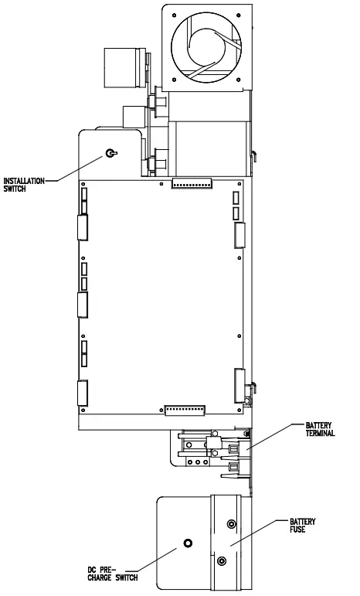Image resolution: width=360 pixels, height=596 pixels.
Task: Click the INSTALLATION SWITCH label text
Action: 24,184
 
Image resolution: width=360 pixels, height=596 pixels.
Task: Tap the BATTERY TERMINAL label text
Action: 320,429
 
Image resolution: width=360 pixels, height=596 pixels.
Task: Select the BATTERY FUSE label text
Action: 302,526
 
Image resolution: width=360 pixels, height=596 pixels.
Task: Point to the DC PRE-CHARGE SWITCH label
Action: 113,574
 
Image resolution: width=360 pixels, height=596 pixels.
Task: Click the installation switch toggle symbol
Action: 111,153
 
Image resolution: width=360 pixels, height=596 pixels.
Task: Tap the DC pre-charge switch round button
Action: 188,543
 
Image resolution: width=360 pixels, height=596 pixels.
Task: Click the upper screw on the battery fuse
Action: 231,524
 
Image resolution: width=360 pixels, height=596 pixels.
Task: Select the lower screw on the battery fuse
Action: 222,560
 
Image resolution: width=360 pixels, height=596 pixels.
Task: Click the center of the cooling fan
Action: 206,47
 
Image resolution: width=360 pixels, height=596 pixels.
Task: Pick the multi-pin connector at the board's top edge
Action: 192,183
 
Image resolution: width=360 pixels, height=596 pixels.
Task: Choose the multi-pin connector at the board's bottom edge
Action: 185,410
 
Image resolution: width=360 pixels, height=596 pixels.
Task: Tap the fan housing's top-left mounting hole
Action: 174,15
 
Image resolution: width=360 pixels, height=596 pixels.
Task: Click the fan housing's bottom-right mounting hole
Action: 239,80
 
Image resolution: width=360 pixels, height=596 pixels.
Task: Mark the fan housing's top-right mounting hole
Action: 239,15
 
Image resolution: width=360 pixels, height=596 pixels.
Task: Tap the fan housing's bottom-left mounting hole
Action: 174,80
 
